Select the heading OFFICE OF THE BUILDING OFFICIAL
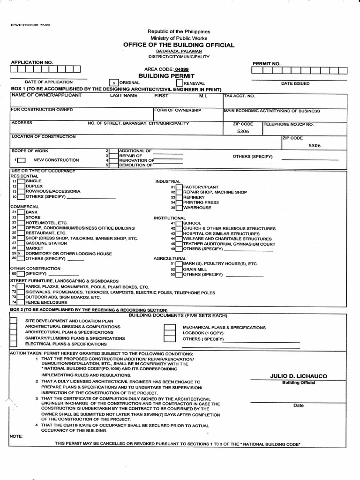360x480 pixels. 179,45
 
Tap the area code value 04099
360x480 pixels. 174,69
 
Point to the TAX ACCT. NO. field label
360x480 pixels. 240,96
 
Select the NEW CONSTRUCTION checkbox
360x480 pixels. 22,160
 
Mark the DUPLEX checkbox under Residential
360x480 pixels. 22,186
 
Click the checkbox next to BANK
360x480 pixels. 22,212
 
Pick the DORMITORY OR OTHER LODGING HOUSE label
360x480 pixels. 68,254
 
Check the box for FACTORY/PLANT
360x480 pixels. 179,187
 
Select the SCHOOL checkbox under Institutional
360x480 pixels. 179,223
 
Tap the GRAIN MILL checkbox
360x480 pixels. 179,269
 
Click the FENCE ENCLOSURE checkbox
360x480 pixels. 22,303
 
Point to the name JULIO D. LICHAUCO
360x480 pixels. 299,376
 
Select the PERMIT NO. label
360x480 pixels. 266,63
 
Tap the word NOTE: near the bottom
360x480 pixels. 16,435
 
